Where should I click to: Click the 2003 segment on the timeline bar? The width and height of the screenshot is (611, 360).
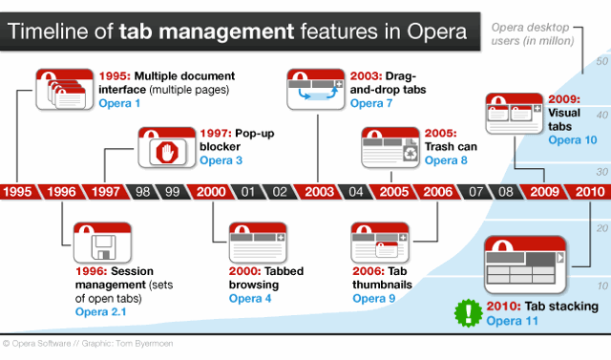[319, 192]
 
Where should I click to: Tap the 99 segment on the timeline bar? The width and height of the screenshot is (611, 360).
[172, 192]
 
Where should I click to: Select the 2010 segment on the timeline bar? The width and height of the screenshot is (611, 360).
[590, 192]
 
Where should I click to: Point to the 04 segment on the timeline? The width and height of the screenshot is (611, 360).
[355, 192]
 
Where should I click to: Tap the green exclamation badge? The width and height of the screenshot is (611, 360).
[469, 313]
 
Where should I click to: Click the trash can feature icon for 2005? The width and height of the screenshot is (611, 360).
[390, 148]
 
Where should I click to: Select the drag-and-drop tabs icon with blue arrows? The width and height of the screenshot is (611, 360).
[316, 90]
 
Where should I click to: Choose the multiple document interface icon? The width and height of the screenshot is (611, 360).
[65, 90]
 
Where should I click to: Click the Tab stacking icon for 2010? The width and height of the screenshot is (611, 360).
[525, 265]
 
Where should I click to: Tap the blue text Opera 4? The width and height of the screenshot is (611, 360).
[250, 299]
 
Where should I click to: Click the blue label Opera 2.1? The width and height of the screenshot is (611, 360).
[100, 312]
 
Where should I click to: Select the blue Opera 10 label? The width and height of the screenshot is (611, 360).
[573, 139]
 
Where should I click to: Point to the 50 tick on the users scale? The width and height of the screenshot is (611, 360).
[601, 61]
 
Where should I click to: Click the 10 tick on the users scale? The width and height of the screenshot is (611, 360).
[602, 286]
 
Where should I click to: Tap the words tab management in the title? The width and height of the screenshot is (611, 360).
[206, 32]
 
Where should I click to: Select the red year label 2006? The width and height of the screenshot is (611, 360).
[369, 271]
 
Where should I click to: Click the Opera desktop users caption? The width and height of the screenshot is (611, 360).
[533, 33]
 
